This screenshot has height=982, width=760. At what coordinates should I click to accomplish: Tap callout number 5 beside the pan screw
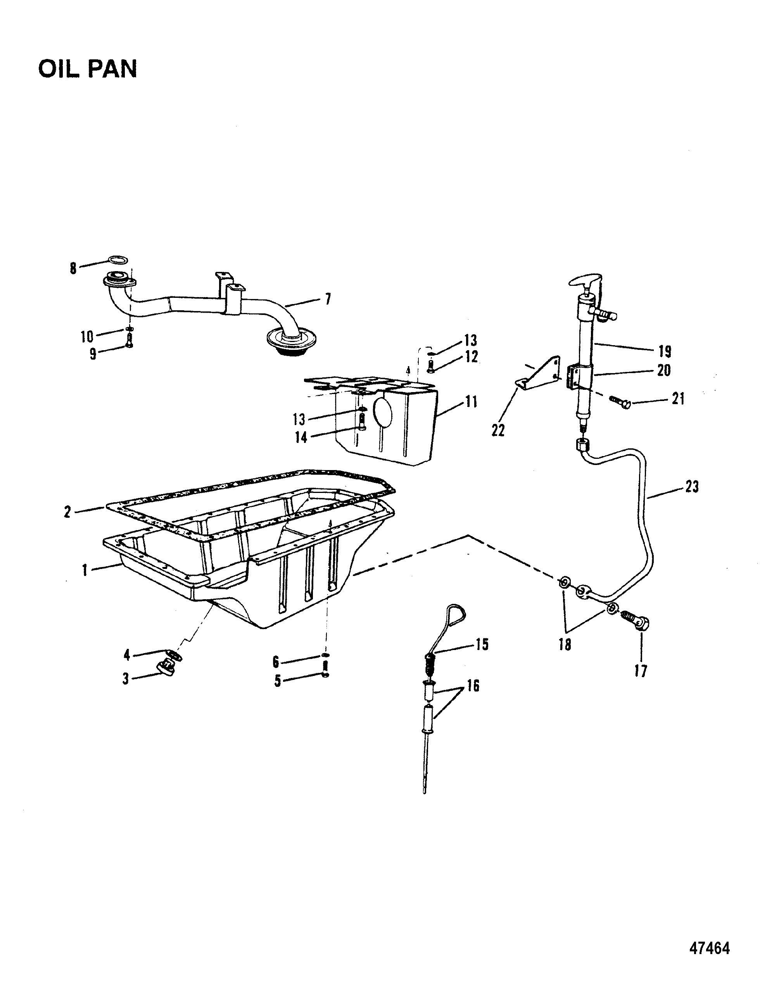pyautogui.click(x=278, y=681)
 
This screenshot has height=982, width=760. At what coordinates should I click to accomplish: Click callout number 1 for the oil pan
pyautogui.click(x=84, y=571)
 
